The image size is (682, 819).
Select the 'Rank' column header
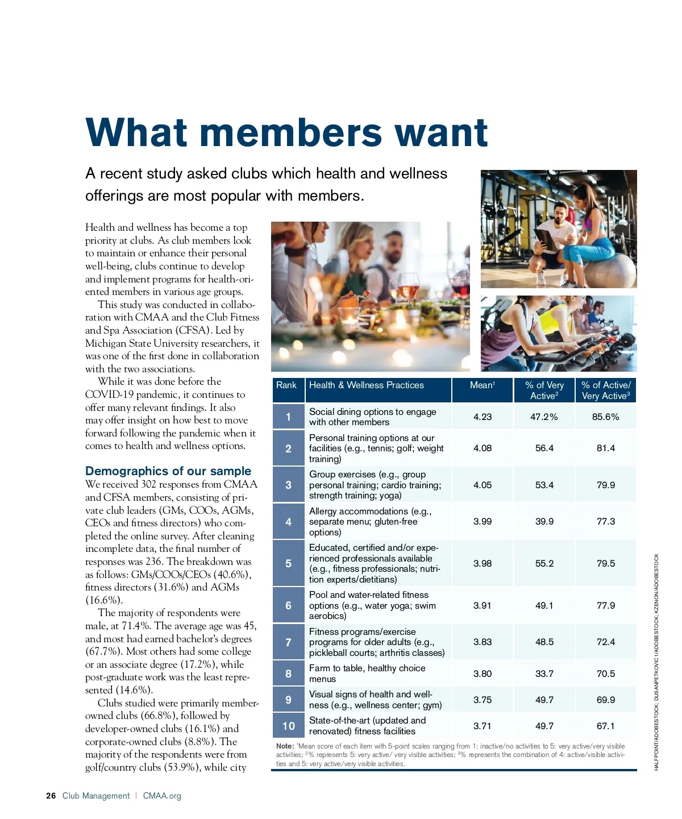[x=286, y=385]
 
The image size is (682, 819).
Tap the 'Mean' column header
[x=482, y=385]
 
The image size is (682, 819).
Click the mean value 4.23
[x=483, y=417]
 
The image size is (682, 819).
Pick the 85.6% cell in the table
[x=605, y=417]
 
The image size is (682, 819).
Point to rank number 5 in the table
[x=288, y=563]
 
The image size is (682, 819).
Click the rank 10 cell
[x=289, y=726]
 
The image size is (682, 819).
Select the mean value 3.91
[x=483, y=606]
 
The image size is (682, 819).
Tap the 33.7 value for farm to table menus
[x=544, y=674]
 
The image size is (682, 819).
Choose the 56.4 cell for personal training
[x=544, y=448]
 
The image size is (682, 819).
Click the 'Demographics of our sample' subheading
[x=168, y=471]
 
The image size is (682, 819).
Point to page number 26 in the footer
[x=51, y=796]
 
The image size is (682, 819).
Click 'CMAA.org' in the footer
[x=162, y=796]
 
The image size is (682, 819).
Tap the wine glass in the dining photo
[x=408, y=287]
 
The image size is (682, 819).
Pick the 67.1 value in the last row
[x=605, y=726]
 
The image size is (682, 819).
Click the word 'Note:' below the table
[x=285, y=746]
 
